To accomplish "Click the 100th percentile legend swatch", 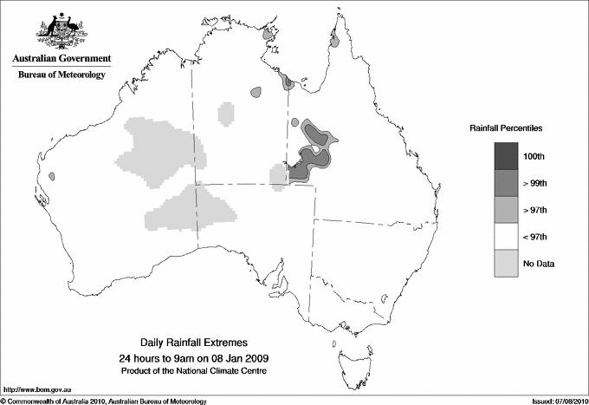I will coord(507,156).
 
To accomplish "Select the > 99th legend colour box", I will coord(507,183).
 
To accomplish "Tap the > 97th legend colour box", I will coord(507,210).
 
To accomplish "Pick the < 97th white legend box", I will coord(507,237).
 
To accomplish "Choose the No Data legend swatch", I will coord(507,264).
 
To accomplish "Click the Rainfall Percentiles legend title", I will coord(506,127).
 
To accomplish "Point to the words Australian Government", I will coord(61,59).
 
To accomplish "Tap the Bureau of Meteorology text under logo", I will coord(61,75).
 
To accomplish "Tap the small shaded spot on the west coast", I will coord(52,176).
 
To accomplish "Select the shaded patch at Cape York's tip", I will coord(334,39).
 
